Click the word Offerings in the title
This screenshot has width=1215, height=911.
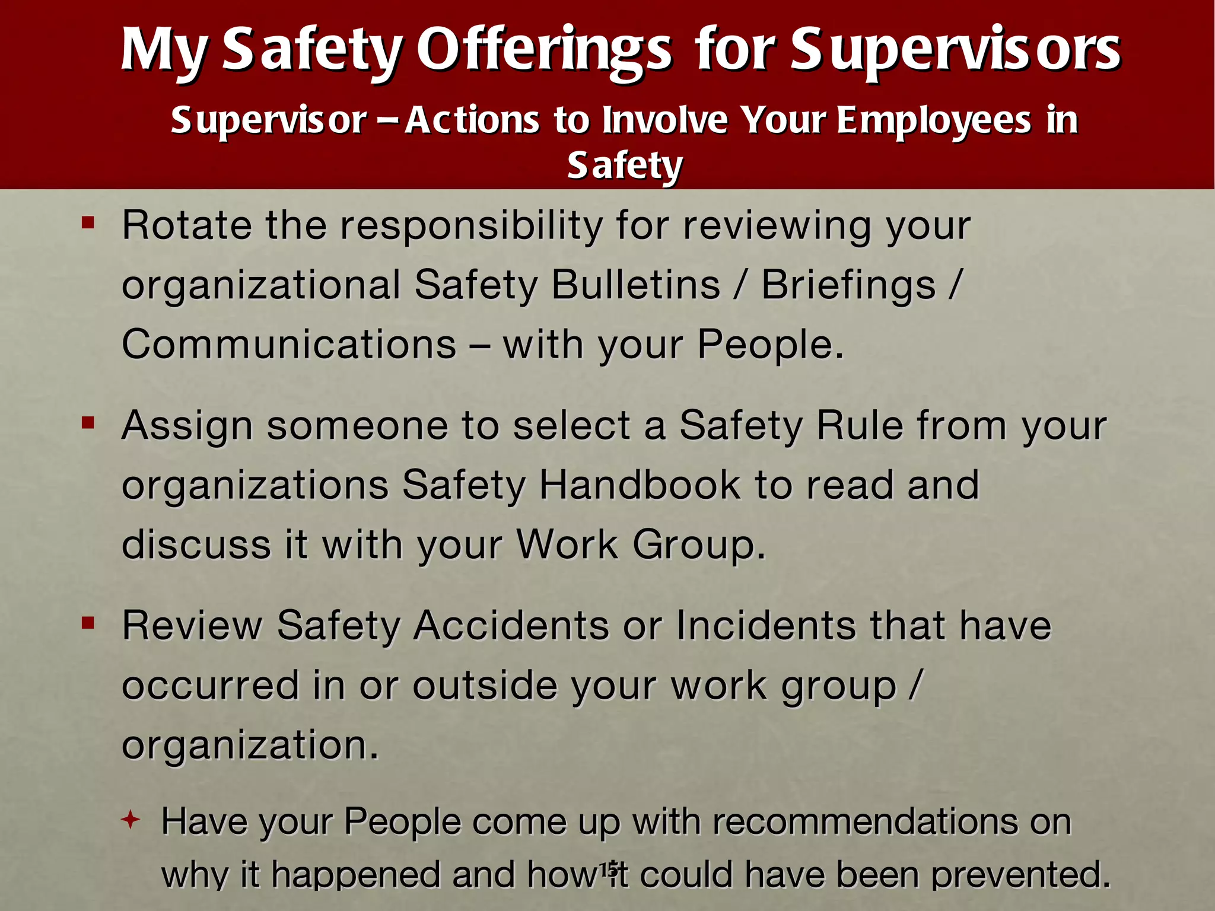(544, 50)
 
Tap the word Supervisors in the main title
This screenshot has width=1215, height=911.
(955, 50)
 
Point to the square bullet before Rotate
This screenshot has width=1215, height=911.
(88, 224)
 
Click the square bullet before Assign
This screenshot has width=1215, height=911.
(88, 423)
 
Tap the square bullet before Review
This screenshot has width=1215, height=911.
(88, 623)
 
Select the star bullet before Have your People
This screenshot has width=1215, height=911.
(130, 821)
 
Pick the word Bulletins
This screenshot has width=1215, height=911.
(635, 285)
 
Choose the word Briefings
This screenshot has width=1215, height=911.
(848, 285)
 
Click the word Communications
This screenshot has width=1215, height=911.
(289, 345)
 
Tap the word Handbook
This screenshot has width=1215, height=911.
(640, 485)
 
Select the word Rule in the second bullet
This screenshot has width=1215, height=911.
(860, 425)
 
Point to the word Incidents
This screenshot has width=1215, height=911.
(766, 625)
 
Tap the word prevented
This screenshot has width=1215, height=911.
(1020, 875)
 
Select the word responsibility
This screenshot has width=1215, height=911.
(472, 227)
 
